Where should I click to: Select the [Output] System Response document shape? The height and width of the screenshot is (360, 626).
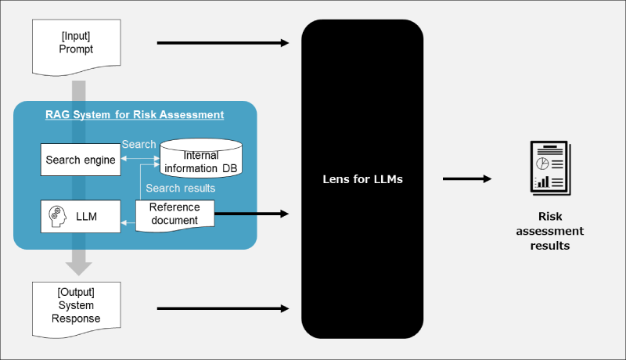pos(76,306)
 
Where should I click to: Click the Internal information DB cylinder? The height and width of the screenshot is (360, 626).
pos(200,160)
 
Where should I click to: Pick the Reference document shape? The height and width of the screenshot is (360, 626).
pos(174,213)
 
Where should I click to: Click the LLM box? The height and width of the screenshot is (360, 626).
pos(81,216)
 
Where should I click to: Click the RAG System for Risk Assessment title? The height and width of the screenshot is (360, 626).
pos(135,115)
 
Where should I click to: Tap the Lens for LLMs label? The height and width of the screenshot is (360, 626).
pos(362,179)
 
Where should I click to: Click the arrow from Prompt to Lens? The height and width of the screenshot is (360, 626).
pos(223,43)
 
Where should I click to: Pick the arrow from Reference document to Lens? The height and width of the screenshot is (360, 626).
pos(250,213)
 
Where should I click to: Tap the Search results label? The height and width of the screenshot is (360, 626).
pos(181,189)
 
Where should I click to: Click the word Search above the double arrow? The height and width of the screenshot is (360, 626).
pos(139,145)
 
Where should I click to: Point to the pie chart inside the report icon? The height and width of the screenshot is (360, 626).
pos(541,163)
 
